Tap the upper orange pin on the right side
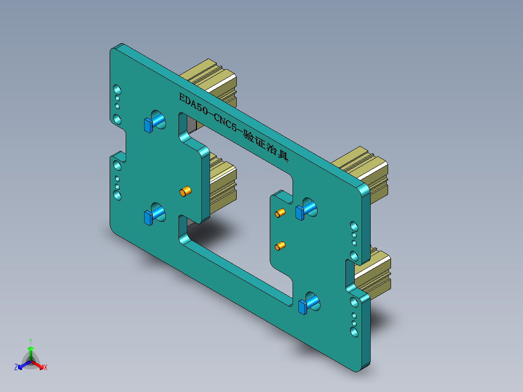[280, 213]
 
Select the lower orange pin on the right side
[280, 246]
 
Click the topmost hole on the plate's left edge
[117, 90]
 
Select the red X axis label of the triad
[46, 368]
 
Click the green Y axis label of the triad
[30, 341]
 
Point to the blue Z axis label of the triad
[16, 367]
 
